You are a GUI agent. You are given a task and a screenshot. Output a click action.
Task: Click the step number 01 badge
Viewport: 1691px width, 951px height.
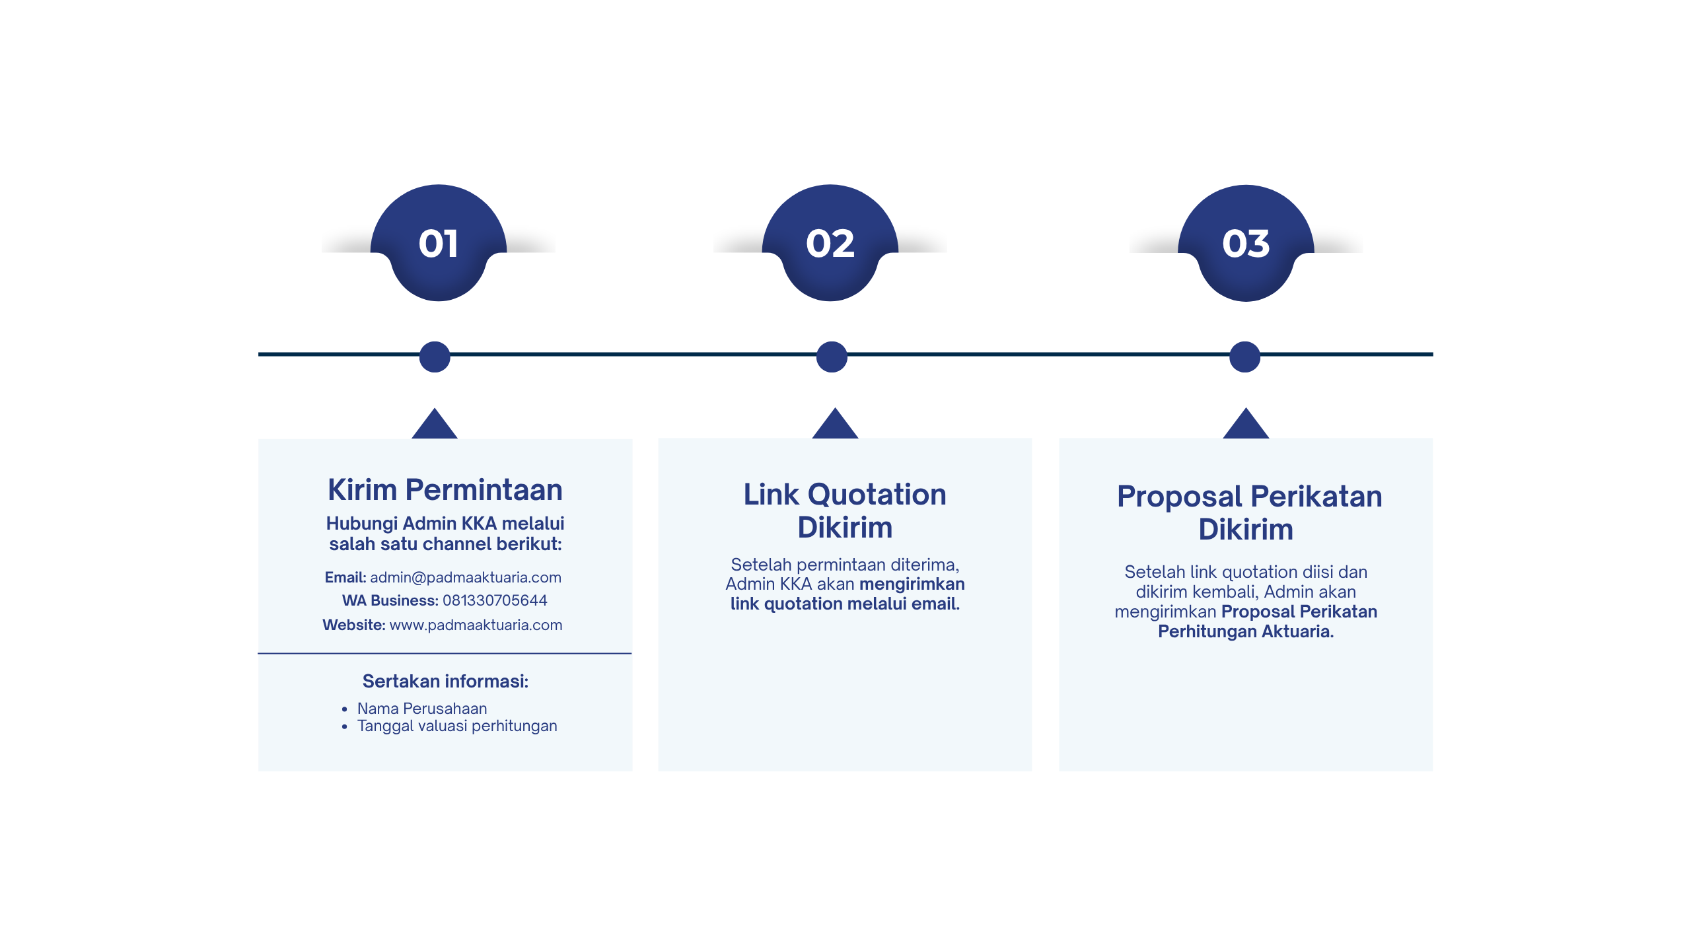pos(439,243)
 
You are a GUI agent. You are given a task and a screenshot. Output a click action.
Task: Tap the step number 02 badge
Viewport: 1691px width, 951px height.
pos(830,243)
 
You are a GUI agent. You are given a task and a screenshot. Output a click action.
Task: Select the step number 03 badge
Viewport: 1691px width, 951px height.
pos(1246,243)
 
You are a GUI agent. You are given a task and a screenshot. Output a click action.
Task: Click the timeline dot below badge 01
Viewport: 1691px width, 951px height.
pos(435,357)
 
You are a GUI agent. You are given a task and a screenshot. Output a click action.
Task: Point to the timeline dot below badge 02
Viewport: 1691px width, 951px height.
pos(832,357)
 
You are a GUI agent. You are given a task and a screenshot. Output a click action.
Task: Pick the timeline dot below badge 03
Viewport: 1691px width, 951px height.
pos(1245,357)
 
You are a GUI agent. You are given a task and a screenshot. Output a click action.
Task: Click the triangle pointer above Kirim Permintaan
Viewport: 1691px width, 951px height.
pos(435,424)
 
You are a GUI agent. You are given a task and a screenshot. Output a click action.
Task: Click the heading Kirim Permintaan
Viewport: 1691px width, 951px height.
pos(445,490)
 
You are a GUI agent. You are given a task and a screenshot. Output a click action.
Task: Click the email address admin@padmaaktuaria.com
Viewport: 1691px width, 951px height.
pos(466,577)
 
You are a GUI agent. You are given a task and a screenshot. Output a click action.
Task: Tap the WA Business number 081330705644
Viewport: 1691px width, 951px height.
pos(495,600)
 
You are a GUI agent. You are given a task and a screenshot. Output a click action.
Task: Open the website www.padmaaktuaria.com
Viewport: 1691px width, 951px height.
pos(476,625)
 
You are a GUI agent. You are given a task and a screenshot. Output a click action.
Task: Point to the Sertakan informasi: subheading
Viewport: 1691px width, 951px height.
pos(445,681)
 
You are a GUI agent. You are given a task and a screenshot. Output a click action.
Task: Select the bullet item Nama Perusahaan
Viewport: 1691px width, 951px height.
pos(422,709)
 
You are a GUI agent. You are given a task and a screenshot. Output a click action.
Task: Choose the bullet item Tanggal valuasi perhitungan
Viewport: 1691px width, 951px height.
pos(457,726)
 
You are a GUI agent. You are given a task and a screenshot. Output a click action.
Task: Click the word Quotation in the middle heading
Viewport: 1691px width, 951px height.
pos(877,495)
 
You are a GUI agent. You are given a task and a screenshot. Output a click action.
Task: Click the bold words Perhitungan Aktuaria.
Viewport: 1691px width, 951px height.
pos(1246,631)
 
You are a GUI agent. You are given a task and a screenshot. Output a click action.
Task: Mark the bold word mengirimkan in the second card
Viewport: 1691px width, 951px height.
pos(912,584)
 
